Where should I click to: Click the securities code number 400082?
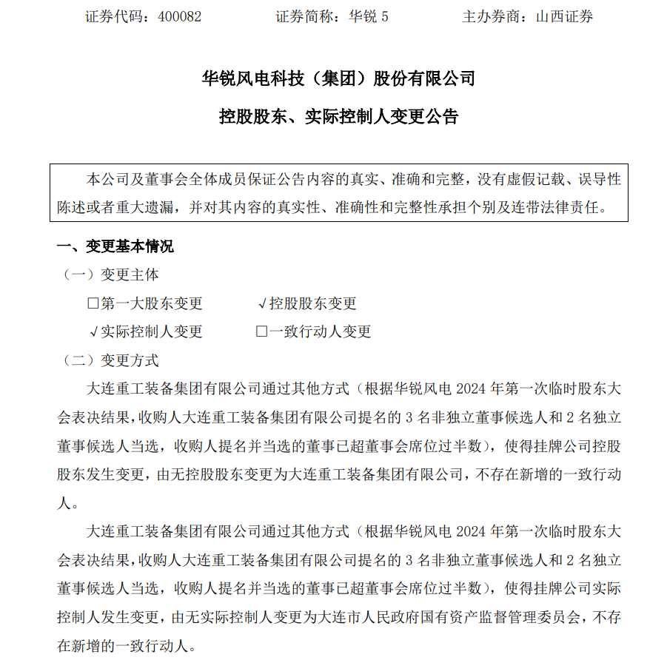pyautogui.click(x=180, y=16)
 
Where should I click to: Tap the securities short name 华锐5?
pyautogui.click(x=368, y=16)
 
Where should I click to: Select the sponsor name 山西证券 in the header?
pyautogui.click(x=564, y=16)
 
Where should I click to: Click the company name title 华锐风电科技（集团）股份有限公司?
pyautogui.click(x=338, y=78)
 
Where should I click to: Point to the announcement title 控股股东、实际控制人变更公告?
pyautogui.click(x=338, y=116)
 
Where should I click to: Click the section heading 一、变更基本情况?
pyautogui.click(x=115, y=246)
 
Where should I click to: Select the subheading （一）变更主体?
pyautogui.click(x=110, y=275)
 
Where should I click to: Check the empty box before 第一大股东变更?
pyautogui.click(x=93, y=303)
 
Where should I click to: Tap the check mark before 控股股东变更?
pyautogui.click(x=262, y=303)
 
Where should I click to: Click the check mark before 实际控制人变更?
pyautogui.click(x=93, y=332)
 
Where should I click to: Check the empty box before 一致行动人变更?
pyautogui.click(x=261, y=332)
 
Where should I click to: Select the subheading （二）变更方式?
pyautogui.click(x=110, y=360)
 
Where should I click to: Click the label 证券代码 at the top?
pyautogui.click(x=115, y=16)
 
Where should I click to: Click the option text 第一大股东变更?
pyautogui.click(x=151, y=303)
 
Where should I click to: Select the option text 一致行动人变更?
pyautogui.click(x=319, y=332)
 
